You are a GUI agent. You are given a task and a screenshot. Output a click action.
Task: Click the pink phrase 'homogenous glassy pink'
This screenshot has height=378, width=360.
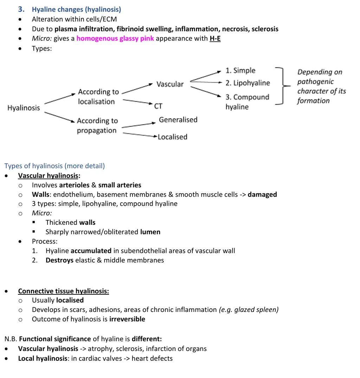115,39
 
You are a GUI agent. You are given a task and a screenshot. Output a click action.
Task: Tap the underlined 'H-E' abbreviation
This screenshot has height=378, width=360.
215,39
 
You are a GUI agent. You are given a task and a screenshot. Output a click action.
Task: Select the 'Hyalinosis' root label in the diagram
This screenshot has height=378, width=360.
24,108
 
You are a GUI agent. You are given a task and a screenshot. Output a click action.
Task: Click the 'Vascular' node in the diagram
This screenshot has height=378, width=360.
170,84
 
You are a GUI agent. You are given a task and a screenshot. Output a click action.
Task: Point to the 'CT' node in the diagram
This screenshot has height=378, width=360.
158,106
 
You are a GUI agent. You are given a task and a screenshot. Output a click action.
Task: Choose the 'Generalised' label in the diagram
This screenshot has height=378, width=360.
178,120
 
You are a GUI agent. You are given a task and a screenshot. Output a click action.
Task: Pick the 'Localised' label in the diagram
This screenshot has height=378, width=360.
172,137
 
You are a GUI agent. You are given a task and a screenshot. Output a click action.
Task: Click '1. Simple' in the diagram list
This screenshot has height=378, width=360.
240,71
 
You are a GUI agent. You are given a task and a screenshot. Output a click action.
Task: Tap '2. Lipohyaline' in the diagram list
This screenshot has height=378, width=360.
247,83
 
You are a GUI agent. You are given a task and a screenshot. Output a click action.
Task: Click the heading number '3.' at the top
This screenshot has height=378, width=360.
21,9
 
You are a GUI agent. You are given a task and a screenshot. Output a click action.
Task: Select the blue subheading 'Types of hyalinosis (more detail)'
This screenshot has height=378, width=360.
54,166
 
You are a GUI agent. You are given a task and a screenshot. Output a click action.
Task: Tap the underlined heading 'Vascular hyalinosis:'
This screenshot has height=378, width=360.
49,176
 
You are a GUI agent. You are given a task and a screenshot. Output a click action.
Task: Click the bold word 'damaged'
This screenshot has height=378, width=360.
262,194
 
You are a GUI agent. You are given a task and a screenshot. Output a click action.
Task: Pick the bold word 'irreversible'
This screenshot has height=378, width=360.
127,319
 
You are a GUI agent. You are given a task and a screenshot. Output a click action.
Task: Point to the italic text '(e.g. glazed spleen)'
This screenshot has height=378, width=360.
249,309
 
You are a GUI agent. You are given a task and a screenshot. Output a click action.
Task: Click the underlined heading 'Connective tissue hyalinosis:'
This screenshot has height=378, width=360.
63,291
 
